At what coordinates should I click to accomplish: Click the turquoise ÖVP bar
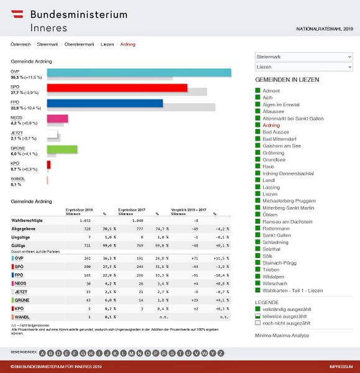139,73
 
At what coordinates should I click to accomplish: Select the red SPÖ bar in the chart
117,88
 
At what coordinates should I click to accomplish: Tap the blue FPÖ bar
104,103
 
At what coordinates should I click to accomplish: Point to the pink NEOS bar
57,118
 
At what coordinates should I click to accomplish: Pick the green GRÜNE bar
62,149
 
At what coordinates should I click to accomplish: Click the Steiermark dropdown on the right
304,57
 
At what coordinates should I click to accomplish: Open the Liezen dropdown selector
304,67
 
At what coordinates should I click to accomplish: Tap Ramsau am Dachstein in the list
287,221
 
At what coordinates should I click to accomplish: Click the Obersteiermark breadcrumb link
80,45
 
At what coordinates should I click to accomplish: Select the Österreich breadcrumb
21,45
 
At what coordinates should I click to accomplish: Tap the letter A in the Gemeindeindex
42,353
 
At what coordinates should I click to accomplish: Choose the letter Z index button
220,353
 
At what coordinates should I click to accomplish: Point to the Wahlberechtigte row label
28,220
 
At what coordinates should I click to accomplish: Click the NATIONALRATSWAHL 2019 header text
325,29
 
